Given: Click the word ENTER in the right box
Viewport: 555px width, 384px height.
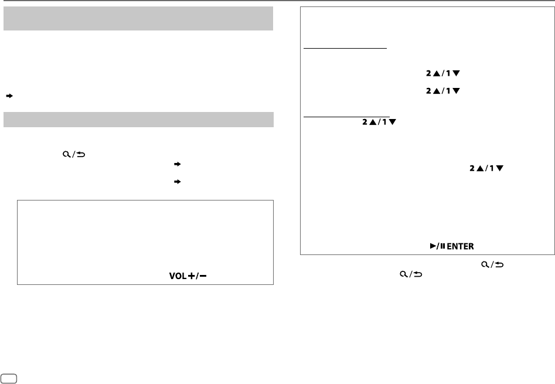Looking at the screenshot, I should (x=459, y=247).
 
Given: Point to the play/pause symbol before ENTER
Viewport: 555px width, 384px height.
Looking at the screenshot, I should (x=434, y=247).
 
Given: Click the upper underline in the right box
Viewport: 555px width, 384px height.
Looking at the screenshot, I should (x=345, y=49).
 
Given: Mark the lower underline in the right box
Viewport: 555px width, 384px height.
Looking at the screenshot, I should (x=346, y=116).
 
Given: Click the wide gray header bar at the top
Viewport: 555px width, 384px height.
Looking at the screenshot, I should (x=138, y=19).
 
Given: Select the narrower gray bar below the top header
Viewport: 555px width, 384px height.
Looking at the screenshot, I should (x=138, y=119).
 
